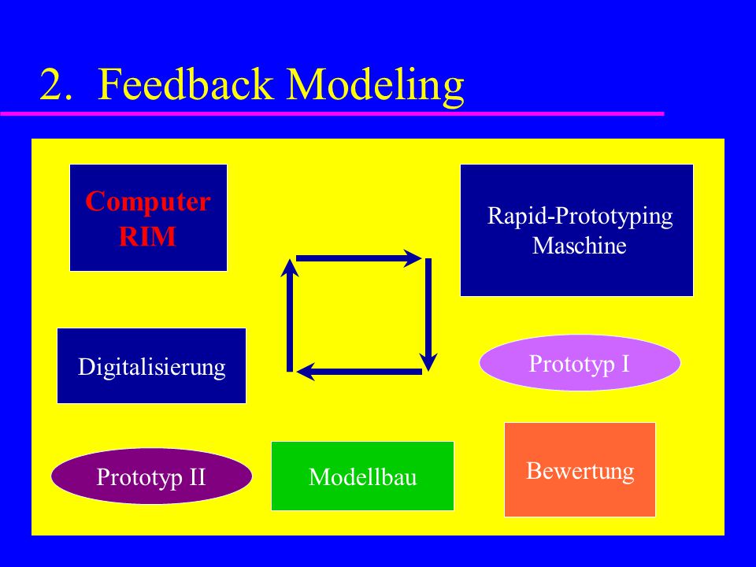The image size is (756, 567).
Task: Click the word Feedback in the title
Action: point(186,84)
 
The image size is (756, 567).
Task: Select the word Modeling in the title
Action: point(376,87)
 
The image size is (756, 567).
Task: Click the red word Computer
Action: point(148,202)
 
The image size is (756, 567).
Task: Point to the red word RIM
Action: point(147,236)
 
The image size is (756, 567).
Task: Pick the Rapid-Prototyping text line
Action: point(580,217)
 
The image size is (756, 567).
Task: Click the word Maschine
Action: point(579,246)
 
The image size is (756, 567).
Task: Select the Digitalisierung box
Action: point(151,365)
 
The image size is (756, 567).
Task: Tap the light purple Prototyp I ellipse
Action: point(580,362)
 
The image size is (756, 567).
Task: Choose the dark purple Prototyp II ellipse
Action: point(151,476)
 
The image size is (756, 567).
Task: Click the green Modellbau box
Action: point(362,476)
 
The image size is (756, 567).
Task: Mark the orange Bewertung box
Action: point(580,469)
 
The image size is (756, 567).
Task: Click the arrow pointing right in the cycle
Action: point(359,258)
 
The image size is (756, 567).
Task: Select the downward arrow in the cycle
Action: point(428,315)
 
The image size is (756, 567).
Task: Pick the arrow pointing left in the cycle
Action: point(359,372)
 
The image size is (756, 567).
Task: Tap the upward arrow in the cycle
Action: point(290,315)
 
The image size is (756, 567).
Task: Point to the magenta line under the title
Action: point(332,113)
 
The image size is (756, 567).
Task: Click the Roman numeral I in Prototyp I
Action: point(625,364)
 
